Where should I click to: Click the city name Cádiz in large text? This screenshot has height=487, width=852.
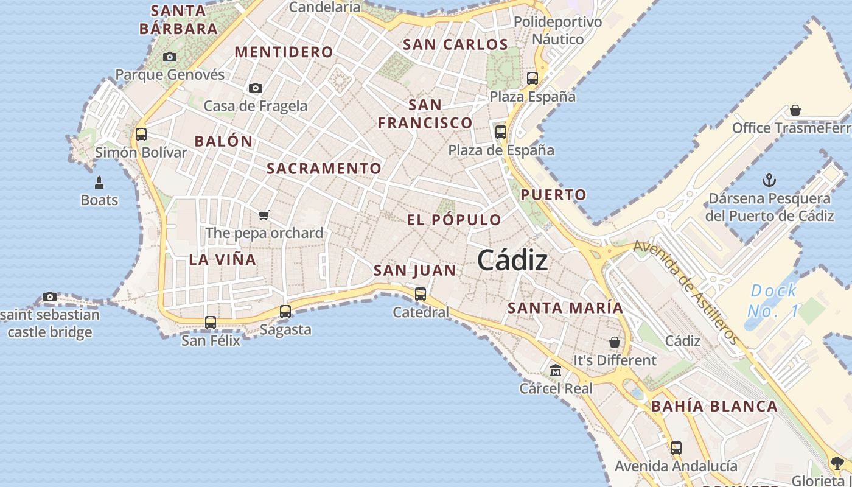[x=512, y=261]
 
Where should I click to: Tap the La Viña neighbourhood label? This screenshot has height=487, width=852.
[x=222, y=259]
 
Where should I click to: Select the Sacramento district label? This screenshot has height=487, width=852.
[x=324, y=169]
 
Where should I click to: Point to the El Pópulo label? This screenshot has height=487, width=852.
[x=454, y=220]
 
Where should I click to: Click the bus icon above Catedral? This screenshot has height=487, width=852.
[x=420, y=294]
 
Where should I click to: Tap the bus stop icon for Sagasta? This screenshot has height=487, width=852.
[x=285, y=312]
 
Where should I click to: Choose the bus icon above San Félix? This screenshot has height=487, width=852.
[x=211, y=322]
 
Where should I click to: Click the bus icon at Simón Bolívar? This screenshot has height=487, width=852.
[x=141, y=134]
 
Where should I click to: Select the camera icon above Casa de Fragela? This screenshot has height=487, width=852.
[x=256, y=88]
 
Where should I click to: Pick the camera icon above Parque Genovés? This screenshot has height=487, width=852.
[x=170, y=57]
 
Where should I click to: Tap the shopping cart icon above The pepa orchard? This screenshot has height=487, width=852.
[x=264, y=215]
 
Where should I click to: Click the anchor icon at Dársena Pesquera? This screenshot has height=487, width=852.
[x=770, y=180]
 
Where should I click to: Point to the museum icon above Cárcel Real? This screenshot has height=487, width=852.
[x=556, y=370]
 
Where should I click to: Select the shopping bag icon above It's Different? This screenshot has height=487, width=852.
[x=615, y=342]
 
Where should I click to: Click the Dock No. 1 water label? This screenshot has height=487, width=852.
[x=773, y=301]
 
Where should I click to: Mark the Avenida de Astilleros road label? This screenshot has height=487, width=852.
[x=686, y=292]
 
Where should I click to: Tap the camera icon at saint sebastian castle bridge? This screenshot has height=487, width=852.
[x=50, y=297]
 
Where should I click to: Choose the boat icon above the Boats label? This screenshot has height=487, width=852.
[x=99, y=182]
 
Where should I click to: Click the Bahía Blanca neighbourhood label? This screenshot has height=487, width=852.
[x=714, y=406]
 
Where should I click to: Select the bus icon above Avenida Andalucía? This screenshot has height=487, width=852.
[x=676, y=448]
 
